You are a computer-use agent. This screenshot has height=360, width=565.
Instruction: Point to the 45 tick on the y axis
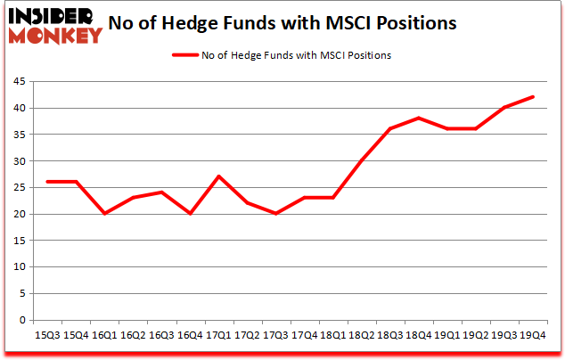pos(18,82)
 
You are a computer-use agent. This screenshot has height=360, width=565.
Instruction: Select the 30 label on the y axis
pos(18,161)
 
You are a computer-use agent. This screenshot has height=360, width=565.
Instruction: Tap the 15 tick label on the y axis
pos(18,241)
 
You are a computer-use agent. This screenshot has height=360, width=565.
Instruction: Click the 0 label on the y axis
pos(21,320)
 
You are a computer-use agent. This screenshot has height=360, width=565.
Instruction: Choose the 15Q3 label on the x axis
pos(46,335)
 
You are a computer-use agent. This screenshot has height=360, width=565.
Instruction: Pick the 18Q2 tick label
pos(362,335)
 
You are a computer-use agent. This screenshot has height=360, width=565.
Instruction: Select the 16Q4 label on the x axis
pos(190,335)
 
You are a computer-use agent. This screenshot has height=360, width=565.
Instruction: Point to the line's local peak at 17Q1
pos(218,176)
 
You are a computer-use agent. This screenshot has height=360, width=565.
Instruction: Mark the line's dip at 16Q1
pos(104,214)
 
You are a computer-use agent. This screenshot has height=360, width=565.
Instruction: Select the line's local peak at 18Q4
pos(419,119)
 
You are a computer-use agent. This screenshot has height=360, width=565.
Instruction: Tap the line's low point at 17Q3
pos(276,214)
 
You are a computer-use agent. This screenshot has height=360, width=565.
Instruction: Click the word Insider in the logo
pos(53,16)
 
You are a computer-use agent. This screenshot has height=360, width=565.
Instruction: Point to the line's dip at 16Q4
pos(190,214)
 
